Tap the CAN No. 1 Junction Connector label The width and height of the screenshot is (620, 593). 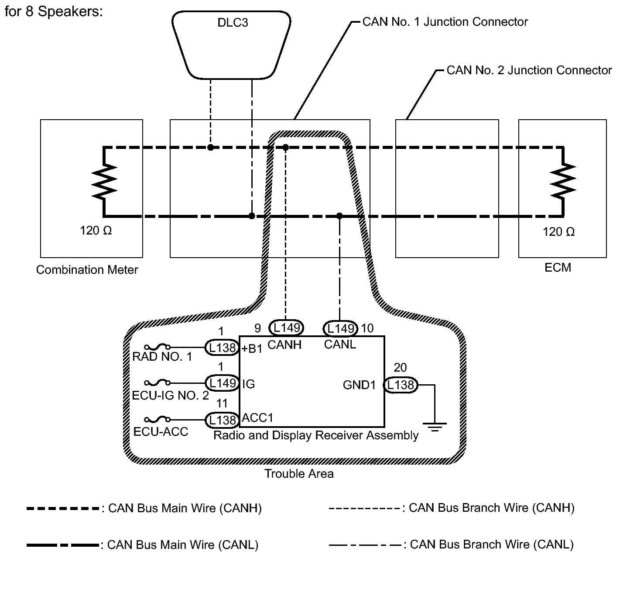click(x=445, y=22)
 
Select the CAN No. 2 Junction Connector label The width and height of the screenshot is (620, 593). click(x=529, y=70)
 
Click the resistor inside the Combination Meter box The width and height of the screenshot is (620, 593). click(x=104, y=181)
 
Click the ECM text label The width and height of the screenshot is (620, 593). click(x=558, y=267)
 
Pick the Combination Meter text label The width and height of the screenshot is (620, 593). click(x=87, y=270)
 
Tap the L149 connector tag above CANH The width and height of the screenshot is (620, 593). click(x=286, y=327)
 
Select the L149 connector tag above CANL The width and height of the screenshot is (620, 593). click(x=340, y=328)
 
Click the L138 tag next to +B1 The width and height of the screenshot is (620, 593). click(x=222, y=348)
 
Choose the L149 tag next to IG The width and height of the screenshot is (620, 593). click(x=222, y=383)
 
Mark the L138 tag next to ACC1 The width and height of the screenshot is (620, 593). click(x=222, y=420)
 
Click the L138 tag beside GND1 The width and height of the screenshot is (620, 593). click(x=401, y=385)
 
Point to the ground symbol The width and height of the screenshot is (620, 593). click(x=435, y=426)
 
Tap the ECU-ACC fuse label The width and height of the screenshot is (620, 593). click(x=161, y=432)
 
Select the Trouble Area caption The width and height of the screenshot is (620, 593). click(x=299, y=474)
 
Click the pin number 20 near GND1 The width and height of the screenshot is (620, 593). click(x=401, y=367)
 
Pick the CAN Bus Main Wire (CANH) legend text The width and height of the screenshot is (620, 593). click(x=185, y=508)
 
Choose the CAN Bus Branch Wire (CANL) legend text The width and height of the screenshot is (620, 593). click(x=492, y=545)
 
